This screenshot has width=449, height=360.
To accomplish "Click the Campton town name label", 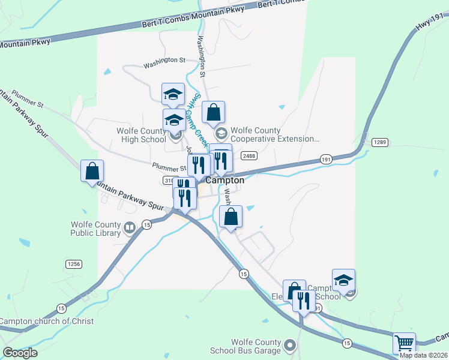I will pos(225,180).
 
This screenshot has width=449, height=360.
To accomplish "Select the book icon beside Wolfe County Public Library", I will pos(129,227).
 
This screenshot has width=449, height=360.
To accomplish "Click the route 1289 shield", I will pos(379,142).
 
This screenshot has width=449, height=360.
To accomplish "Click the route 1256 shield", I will pos(73,264).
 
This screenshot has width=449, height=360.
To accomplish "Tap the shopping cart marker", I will pos(405,343).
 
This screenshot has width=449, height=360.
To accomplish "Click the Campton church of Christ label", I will pos(47,321).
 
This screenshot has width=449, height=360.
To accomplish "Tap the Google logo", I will pos(20,353).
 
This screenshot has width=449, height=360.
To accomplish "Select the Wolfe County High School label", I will pos(141,135).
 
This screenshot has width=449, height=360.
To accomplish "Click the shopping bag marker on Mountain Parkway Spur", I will pos(92,171).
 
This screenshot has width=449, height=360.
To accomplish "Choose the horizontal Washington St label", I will pos(164,60).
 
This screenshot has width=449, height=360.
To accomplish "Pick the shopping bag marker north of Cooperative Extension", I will pos(213,112).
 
